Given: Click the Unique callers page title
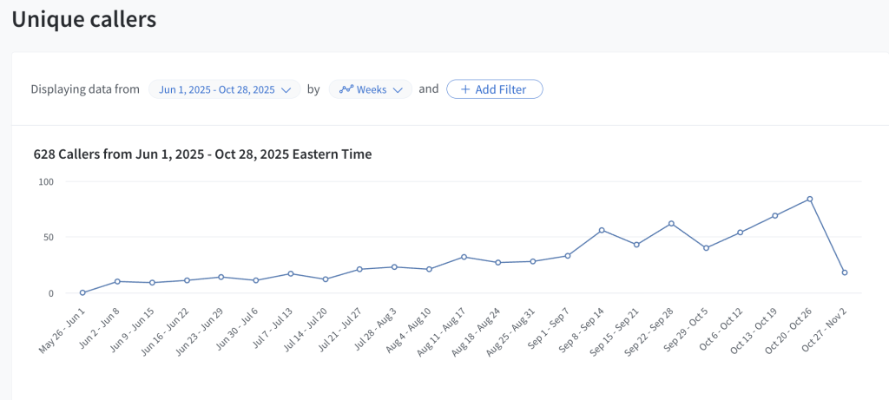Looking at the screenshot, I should [x=83, y=19].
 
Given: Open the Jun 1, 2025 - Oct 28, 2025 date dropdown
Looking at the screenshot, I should [x=224, y=89].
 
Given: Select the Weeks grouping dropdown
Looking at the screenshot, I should [x=370, y=89].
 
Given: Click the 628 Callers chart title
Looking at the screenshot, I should [x=202, y=154].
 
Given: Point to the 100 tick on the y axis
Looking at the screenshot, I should [x=45, y=181].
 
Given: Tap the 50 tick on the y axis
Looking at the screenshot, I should [x=48, y=237].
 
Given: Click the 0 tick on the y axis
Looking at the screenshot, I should [x=50, y=293].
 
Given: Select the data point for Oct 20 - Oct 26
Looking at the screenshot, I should [x=810, y=199].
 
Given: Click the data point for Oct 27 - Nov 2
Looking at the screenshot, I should [x=845, y=272].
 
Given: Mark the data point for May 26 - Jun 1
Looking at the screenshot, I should [x=82, y=292].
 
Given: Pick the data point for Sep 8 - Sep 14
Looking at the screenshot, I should [x=602, y=230].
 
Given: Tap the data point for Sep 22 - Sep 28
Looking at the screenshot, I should [x=671, y=223].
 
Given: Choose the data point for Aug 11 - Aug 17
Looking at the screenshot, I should [x=464, y=257].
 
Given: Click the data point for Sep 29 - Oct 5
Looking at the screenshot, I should [x=706, y=248].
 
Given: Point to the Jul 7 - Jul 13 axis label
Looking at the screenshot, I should [x=273, y=325].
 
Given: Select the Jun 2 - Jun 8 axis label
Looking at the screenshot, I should [x=99, y=325].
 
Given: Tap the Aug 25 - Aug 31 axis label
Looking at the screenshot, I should [x=516, y=327].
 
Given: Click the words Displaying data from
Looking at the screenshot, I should [x=85, y=89].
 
